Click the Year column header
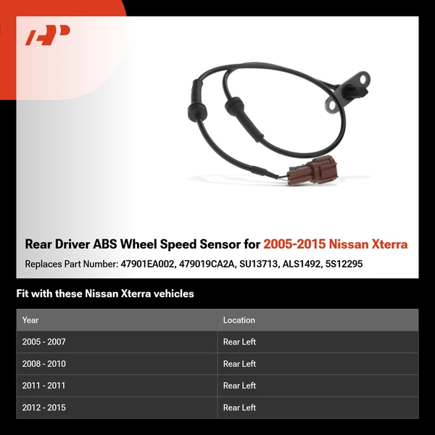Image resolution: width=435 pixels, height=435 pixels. [x=30, y=320]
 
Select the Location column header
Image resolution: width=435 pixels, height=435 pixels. [x=239, y=320]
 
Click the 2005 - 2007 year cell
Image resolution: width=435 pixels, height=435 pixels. [x=43, y=342]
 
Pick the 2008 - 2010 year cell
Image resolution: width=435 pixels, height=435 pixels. [x=43, y=364]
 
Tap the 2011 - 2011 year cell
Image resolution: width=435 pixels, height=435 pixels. [x=43, y=386]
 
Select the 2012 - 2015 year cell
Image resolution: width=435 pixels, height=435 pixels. [x=43, y=407]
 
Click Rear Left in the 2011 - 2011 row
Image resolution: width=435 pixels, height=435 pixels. [x=239, y=386]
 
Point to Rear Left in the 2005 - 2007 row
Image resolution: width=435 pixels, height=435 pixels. [x=239, y=342]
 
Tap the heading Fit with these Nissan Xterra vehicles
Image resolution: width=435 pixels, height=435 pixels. [x=105, y=294]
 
